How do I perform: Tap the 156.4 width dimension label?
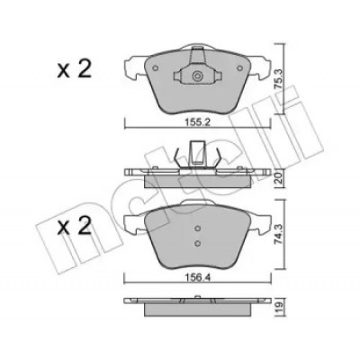(197, 278)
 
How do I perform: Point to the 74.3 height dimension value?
(279, 231)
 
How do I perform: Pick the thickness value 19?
(279, 306)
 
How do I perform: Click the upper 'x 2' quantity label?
(74, 69)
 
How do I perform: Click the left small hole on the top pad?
(155, 68)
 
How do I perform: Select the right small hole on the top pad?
(239, 68)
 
